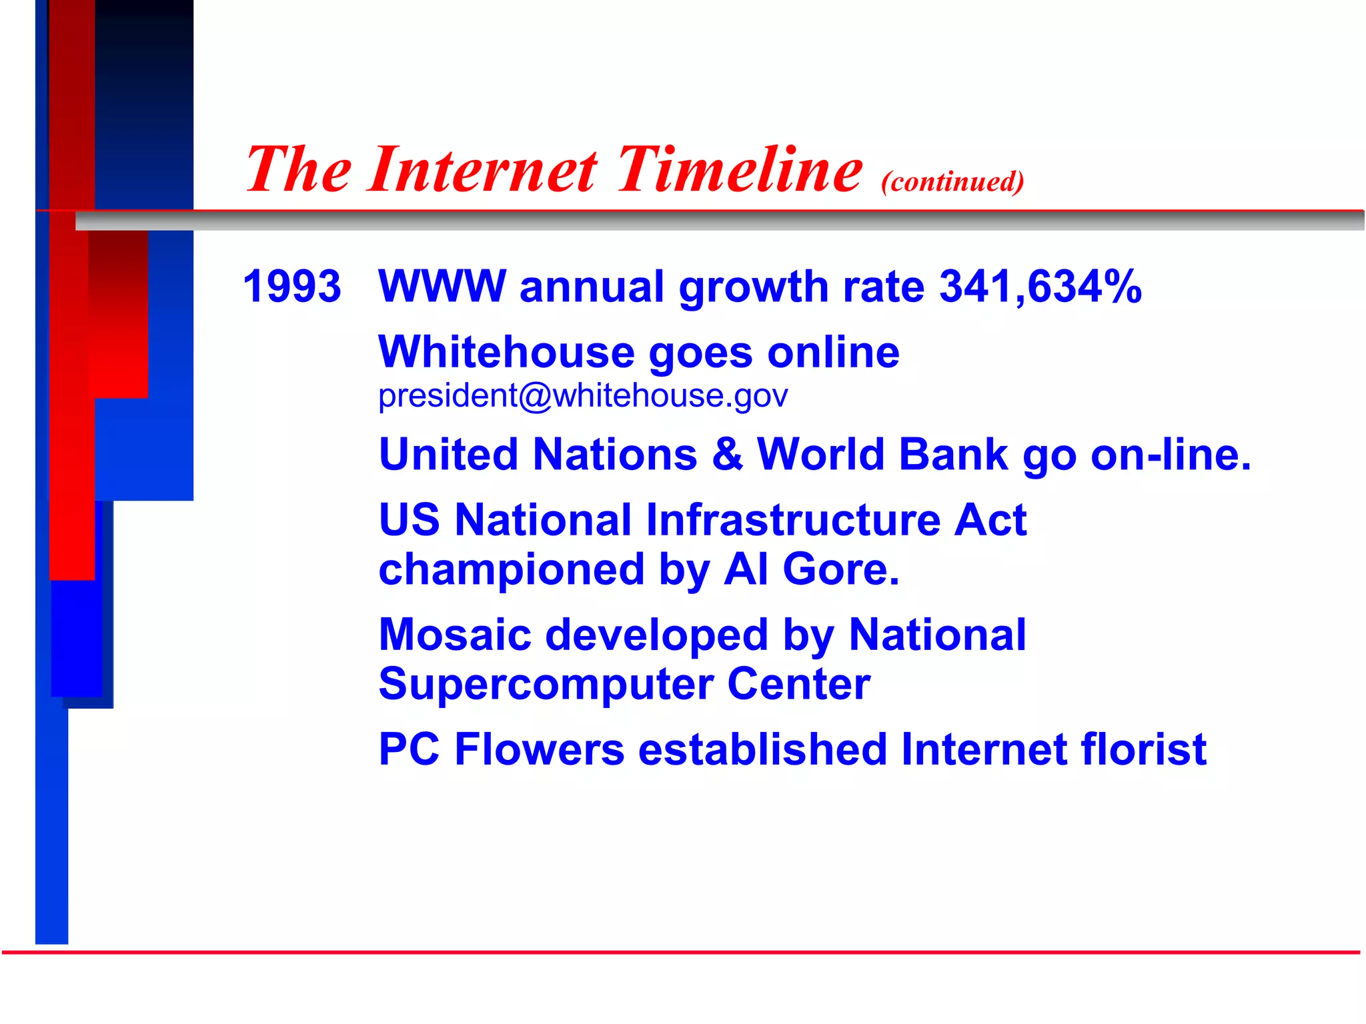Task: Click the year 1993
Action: [291, 287]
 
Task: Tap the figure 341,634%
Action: [1040, 287]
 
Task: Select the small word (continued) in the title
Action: [952, 181]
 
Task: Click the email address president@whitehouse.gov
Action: [582, 396]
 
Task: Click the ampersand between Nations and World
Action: [726, 455]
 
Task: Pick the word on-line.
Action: [1171, 455]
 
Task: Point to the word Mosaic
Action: [455, 635]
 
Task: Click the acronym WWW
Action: [442, 287]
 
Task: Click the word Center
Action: [798, 684]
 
